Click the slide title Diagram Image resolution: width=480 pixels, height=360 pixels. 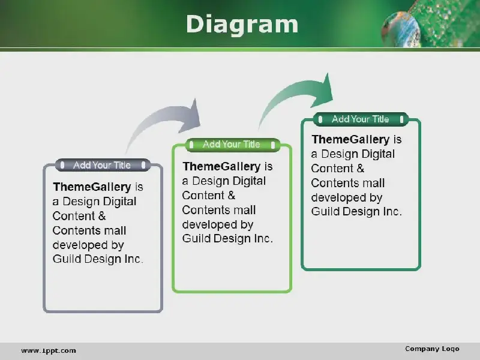pyautogui.click(x=242, y=24)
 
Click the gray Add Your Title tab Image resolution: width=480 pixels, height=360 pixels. pyautogui.click(x=103, y=165)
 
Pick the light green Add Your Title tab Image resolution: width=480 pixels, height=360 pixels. pyautogui.click(x=233, y=145)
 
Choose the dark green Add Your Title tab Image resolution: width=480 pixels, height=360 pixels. pyautogui.click(x=361, y=119)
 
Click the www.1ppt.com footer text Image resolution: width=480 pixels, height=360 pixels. pyautogui.click(x=49, y=351)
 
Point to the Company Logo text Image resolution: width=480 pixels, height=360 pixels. pyautogui.click(x=432, y=349)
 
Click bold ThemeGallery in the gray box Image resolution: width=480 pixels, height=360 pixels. pyautogui.click(x=92, y=187)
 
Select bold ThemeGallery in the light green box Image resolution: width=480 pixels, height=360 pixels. pyautogui.click(x=221, y=166)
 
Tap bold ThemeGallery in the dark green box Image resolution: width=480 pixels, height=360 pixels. pyautogui.click(x=350, y=139)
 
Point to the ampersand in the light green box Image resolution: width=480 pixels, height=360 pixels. pyautogui.click(x=232, y=196)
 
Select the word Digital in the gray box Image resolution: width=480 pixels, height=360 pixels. pyautogui.click(x=119, y=202)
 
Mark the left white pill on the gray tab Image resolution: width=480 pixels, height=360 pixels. pyautogui.click(x=62, y=166)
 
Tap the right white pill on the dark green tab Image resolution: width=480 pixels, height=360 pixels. pyautogui.click(x=401, y=119)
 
